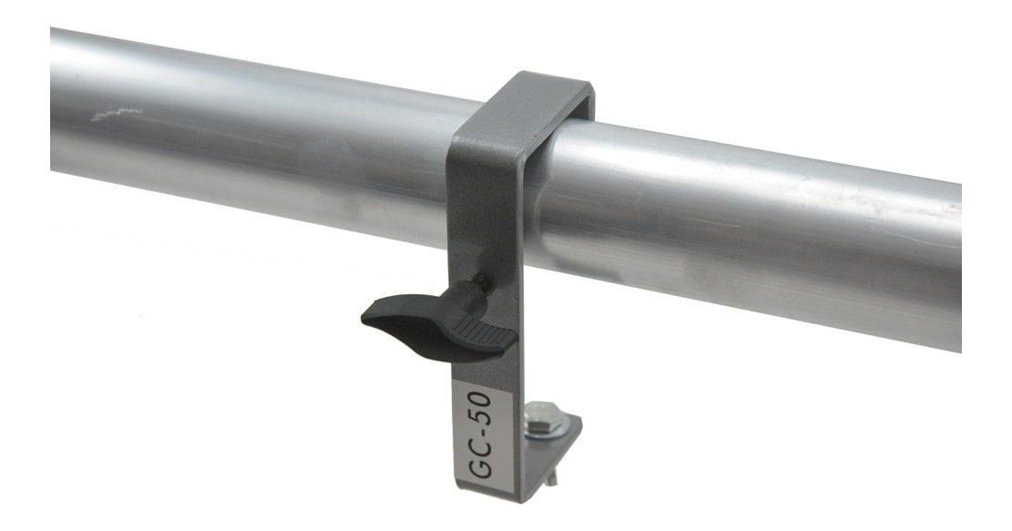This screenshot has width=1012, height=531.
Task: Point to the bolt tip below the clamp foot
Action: [x=550, y=478]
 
